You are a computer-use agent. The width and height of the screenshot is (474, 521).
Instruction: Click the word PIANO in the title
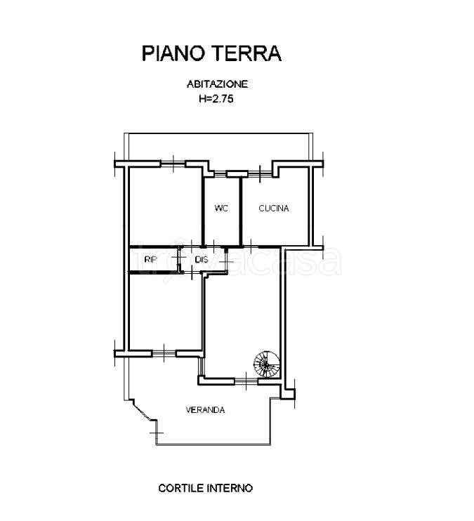pos(173,53)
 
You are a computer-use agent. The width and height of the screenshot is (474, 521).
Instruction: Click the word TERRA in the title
pos(246,53)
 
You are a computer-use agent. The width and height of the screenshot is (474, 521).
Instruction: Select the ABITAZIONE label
pos(218,84)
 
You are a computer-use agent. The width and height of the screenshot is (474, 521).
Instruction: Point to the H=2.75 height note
pos(216,98)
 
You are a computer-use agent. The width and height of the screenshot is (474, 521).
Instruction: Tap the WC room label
pos(221,209)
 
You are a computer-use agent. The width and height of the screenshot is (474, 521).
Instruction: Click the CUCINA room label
pos(274,209)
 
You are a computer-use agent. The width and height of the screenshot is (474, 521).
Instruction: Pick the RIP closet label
pos(150,260)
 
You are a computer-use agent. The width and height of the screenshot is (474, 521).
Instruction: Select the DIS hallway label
pos(202,260)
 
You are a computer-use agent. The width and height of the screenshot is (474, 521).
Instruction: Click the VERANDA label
pos(205,410)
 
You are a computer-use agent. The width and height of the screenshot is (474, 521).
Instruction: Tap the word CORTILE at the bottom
pos(181,488)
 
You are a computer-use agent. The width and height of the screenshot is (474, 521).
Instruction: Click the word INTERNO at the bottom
pos(230,488)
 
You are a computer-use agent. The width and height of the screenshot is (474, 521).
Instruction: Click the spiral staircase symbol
pos(267,364)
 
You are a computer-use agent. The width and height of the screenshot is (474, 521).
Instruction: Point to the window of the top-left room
pos(173,164)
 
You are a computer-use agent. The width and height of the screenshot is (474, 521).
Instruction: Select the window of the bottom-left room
pos(164,354)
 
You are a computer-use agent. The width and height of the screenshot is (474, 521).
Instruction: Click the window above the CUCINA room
pos(261,173)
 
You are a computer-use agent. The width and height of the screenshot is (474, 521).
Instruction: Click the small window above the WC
pos(220,173)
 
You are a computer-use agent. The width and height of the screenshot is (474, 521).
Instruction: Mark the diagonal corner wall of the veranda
pos(143,411)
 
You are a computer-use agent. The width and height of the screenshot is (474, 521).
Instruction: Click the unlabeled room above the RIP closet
pos(165,206)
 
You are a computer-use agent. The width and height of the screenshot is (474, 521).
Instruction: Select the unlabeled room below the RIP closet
pos(165,312)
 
